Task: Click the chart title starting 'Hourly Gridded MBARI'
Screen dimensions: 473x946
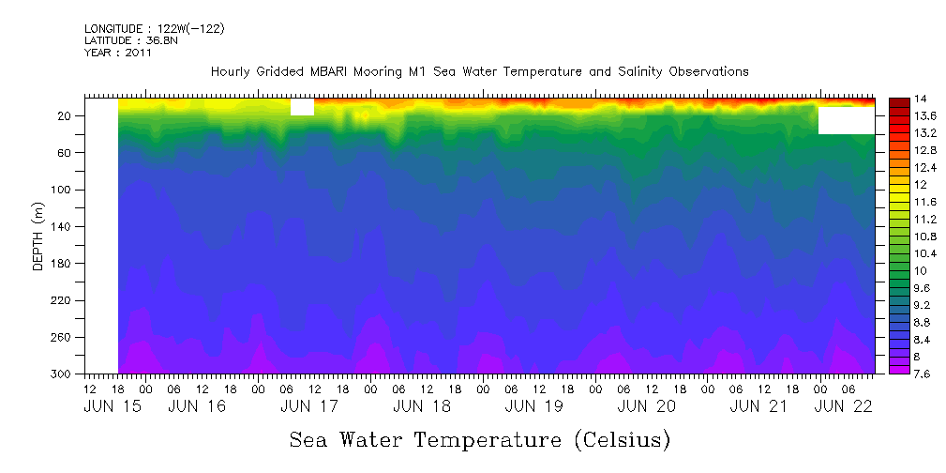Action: [479, 71]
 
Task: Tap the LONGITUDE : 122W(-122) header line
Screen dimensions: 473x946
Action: [154, 29]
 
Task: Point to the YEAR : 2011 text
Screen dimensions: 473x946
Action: [117, 53]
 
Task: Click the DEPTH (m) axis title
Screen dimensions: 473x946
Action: [38, 239]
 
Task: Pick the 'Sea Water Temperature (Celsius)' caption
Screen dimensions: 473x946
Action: [479, 439]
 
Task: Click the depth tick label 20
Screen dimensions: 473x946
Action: [66, 115]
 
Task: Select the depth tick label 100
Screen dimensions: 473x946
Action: [63, 190]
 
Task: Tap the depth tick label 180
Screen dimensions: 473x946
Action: [63, 264]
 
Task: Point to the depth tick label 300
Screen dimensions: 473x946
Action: [63, 374]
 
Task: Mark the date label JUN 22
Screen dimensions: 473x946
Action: [844, 406]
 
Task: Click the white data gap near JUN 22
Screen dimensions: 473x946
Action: [846, 120]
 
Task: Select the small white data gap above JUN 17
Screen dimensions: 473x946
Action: [302, 108]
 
